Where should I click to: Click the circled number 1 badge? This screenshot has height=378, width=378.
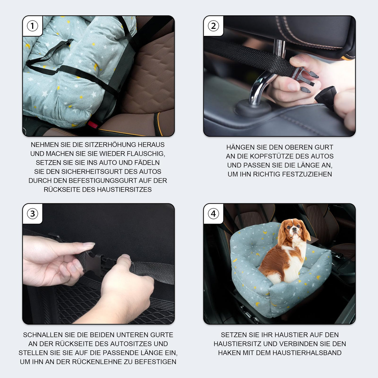[32, 26]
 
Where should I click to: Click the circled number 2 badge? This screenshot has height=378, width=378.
[213, 26]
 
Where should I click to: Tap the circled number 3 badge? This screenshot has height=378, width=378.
[32, 214]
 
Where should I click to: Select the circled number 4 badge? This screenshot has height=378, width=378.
[213, 214]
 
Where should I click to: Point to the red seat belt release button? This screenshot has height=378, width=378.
[93, 124]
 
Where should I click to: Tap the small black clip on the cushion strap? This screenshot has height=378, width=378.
[70, 42]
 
